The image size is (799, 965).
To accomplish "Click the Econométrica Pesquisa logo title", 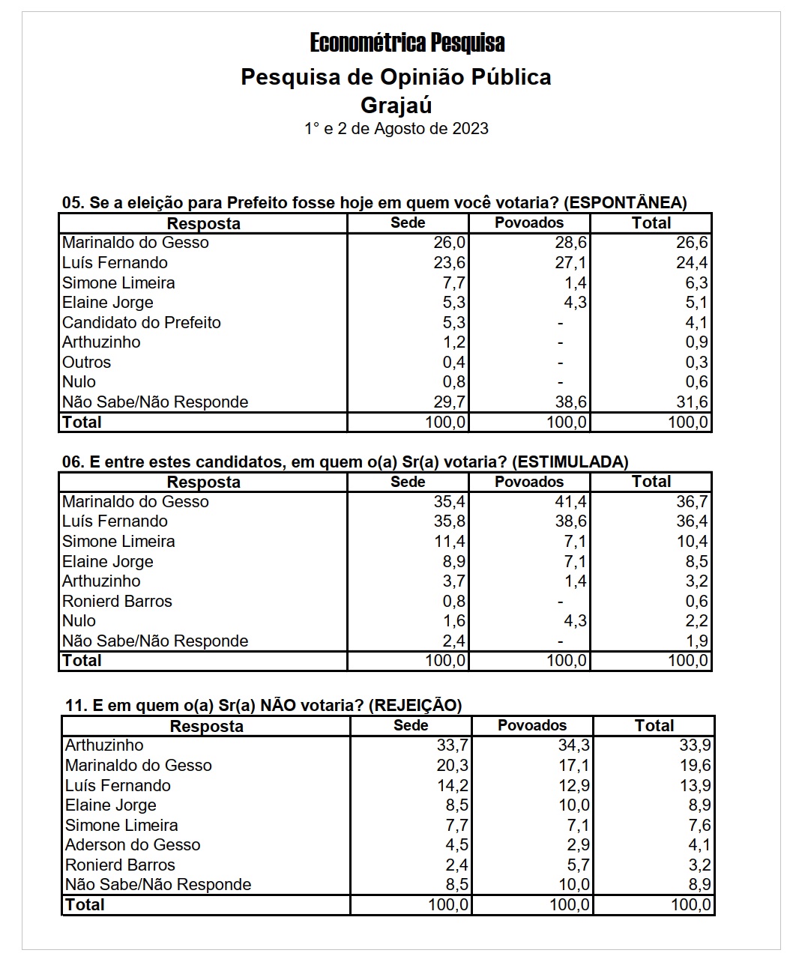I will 407,43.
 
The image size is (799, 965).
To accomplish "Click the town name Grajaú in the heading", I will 396,104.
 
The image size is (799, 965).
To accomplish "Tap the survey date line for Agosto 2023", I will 396,128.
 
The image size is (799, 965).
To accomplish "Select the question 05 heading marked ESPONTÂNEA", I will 374,202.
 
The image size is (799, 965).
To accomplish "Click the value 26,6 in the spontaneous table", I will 692,243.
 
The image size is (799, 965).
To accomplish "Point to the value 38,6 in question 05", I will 570,402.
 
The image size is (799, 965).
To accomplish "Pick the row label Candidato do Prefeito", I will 142,322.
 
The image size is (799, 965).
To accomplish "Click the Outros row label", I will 86,362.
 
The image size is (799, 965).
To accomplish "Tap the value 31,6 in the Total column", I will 692,402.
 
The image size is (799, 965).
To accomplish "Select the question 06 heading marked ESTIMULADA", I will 345,462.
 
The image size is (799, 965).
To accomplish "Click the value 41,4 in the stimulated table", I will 570,501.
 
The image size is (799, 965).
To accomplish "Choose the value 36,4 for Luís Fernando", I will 692,521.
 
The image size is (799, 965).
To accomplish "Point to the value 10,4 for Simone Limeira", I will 692,541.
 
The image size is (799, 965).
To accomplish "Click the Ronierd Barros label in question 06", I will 117,601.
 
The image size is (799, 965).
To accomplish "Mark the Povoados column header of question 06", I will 528,482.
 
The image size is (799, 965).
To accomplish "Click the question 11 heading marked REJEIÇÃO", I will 263,705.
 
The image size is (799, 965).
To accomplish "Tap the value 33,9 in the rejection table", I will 695,745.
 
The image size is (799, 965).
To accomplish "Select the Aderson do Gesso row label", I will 133,845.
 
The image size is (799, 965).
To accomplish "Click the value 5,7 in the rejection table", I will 578,865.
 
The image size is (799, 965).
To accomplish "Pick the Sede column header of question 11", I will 411,725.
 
